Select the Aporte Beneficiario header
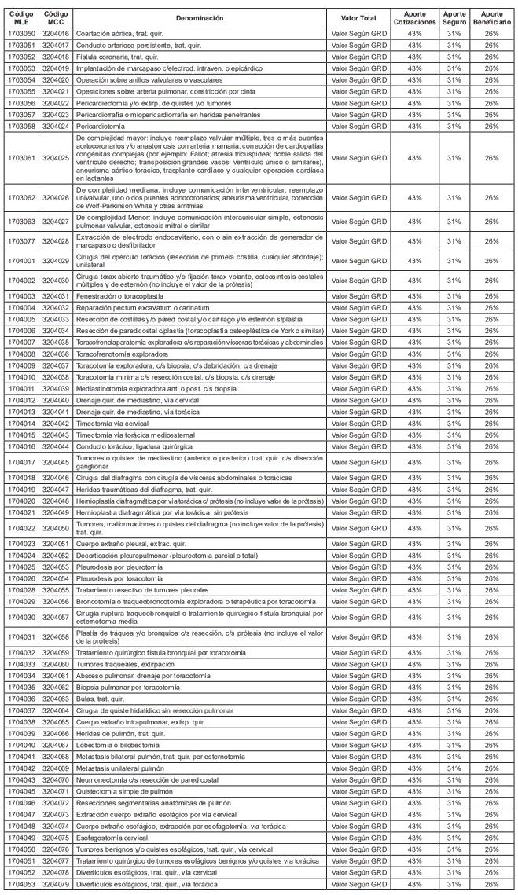[492, 17]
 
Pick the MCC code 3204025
[55, 158]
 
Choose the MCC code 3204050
[55, 528]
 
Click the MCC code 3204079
[55, 885]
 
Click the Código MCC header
[55, 17]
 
